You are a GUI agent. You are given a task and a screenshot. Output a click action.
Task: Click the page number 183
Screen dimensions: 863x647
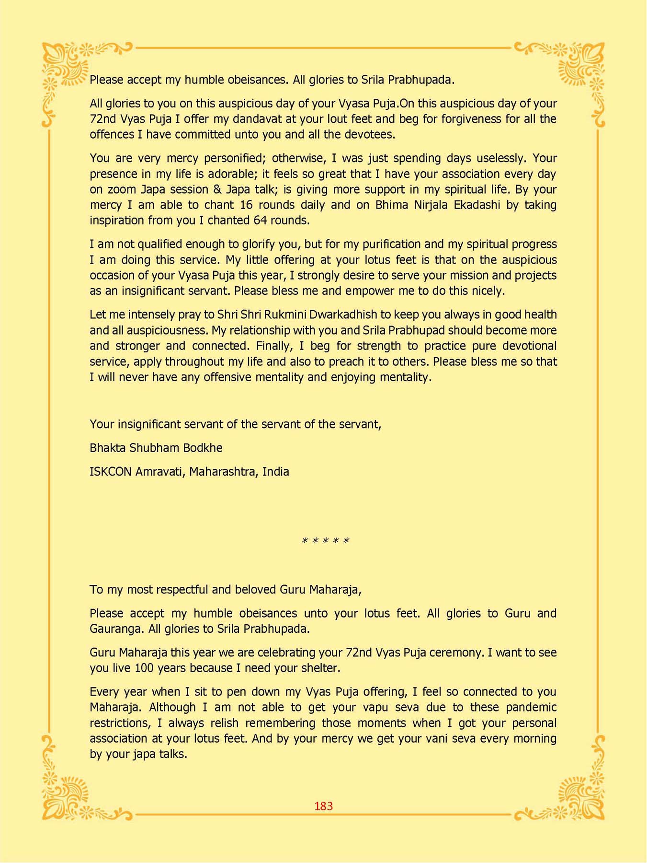click(x=323, y=806)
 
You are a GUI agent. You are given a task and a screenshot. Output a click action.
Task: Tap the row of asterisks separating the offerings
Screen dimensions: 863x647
click(x=326, y=541)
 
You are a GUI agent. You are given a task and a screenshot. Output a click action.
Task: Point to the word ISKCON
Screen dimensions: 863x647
click(x=110, y=471)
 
